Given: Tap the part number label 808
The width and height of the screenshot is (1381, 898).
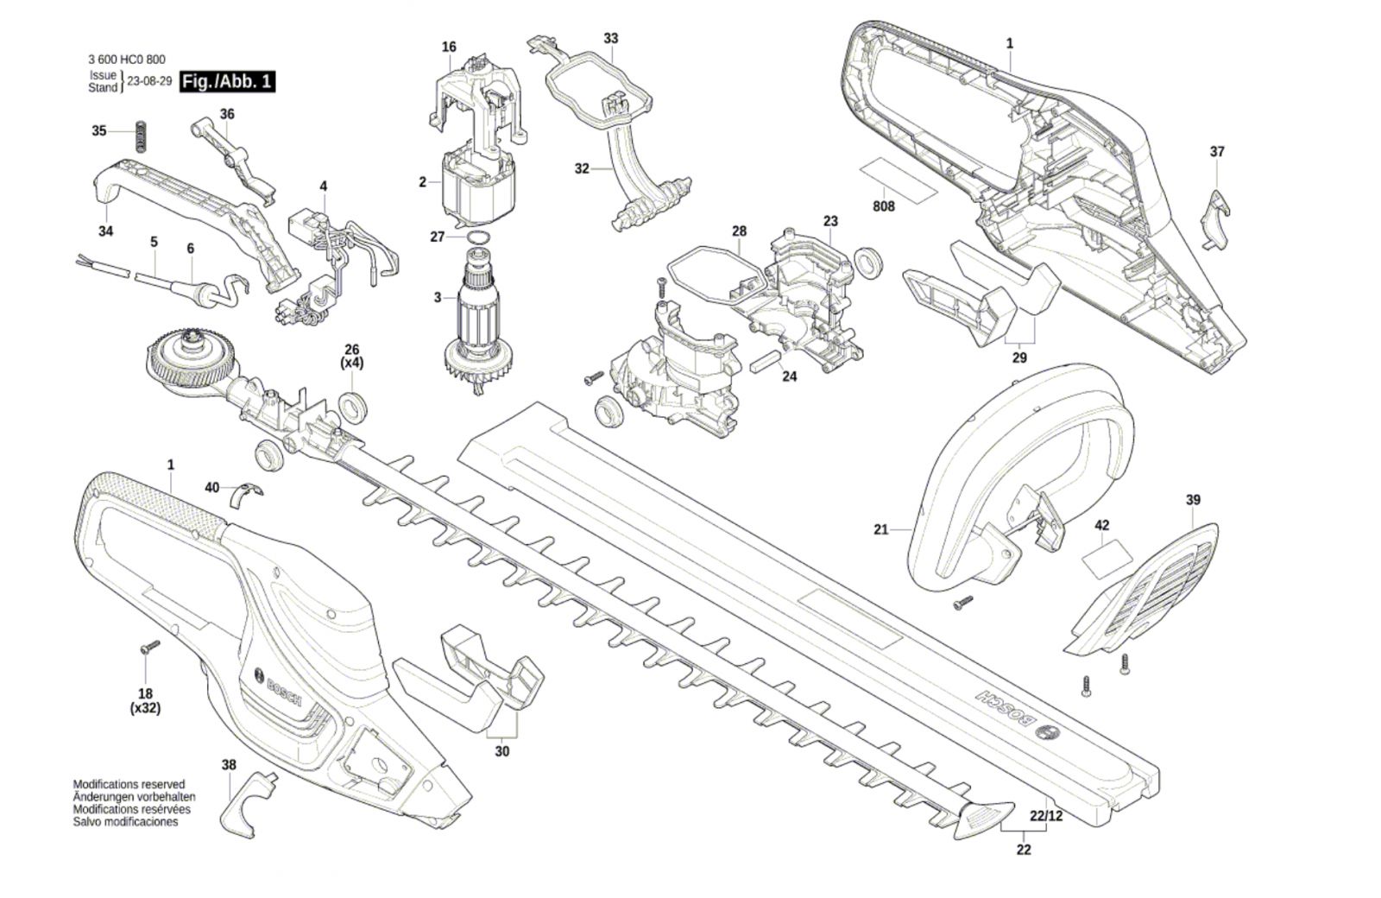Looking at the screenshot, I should pos(884,206).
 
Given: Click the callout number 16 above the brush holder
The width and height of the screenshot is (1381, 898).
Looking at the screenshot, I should pos(449,47).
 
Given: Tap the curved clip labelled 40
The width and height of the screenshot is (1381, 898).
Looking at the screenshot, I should pos(246,496).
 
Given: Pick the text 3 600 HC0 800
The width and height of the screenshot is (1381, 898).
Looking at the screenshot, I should pos(126,60).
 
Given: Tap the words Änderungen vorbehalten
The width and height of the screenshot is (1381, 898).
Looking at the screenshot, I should pos(134,797).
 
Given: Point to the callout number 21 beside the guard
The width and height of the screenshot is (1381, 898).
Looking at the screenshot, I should pos(880,529).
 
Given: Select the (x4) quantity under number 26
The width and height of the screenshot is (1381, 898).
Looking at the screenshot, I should pos(352,364).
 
